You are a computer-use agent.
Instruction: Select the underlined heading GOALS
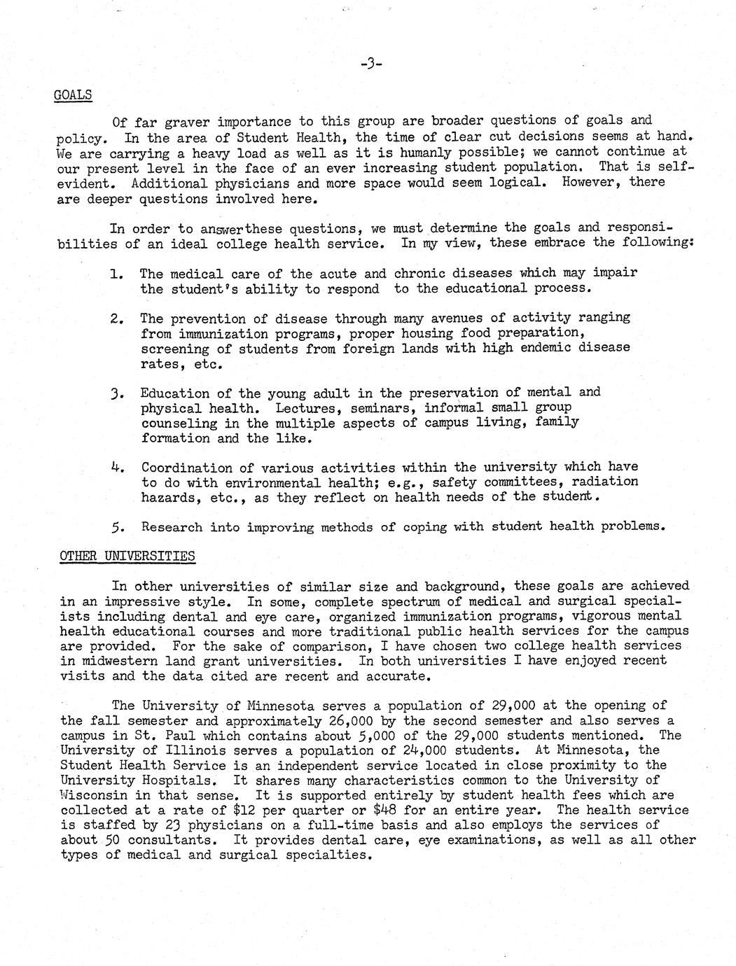pos(73,94)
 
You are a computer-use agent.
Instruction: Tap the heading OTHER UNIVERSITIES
pos(127,556)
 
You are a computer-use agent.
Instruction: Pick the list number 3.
pos(117,394)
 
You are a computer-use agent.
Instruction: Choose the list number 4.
pos(117,468)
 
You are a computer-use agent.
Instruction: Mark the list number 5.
pos(117,527)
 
